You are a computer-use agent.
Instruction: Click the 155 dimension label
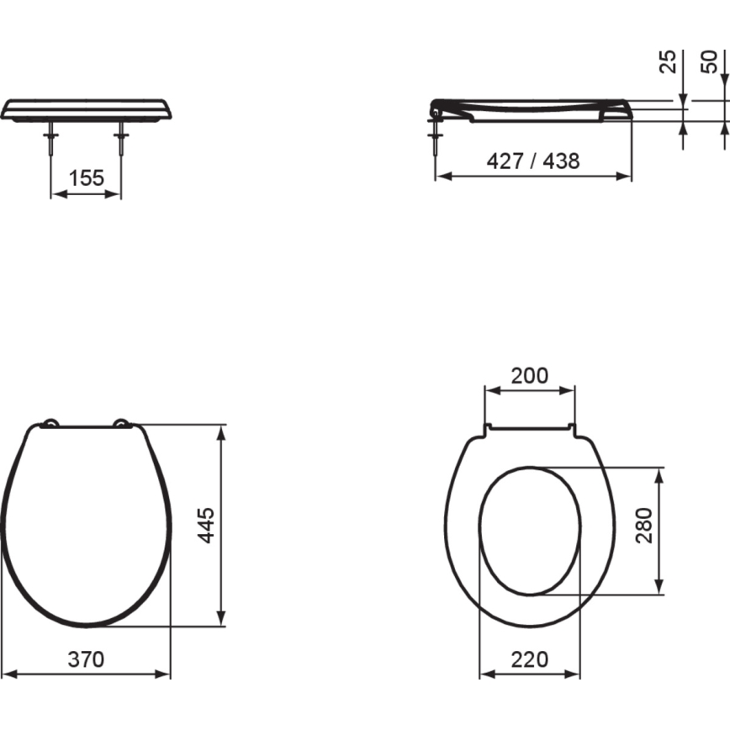tap(86, 178)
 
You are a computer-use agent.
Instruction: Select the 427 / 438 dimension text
tap(533, 161)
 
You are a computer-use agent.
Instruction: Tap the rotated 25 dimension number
tap(667, 61)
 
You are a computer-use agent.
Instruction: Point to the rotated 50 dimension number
tap(711, 61)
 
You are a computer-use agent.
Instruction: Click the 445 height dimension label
tap(208, 525)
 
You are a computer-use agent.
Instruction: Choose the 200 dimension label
tap(530, 375)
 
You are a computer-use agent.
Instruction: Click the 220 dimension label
tap(529, 660)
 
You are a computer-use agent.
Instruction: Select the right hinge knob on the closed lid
tap(123, 424)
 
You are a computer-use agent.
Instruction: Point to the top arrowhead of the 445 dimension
tap(222, 431)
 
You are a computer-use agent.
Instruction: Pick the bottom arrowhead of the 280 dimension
tap(662, 588)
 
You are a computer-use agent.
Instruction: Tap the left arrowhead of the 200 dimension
tap(490, 389)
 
